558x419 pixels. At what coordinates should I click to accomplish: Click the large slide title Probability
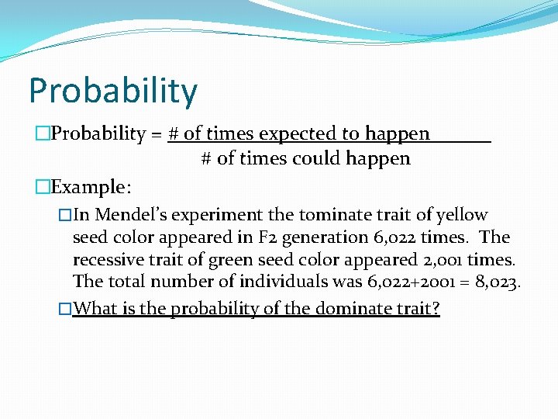[x=113, y=92]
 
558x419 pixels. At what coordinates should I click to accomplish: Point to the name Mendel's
[x=129, y=215]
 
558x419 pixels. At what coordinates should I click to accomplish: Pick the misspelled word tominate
[x=335, y=215]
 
